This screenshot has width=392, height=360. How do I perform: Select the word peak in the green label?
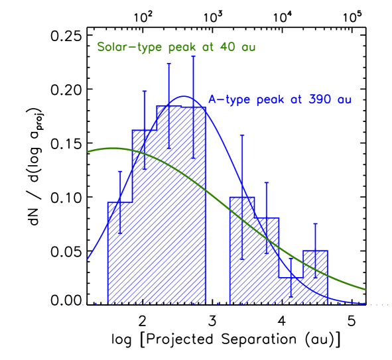pos(175,48)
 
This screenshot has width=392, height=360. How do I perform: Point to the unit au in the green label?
pos(247,48)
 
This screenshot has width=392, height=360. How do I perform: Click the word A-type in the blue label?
pos(229,99)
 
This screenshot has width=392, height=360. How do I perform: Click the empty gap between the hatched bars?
pos(218,265)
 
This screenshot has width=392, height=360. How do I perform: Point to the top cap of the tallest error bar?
pos(193,56)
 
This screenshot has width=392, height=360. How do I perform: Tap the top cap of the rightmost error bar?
pos(315,224)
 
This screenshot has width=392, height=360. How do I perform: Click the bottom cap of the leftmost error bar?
pos(120,233)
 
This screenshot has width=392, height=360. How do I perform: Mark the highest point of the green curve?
pos(114,148)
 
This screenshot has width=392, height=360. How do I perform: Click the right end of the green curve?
pos(365,289)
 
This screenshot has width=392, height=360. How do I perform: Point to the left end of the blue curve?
pos(88,258)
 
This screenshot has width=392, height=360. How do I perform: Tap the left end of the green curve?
pos(88,152)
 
